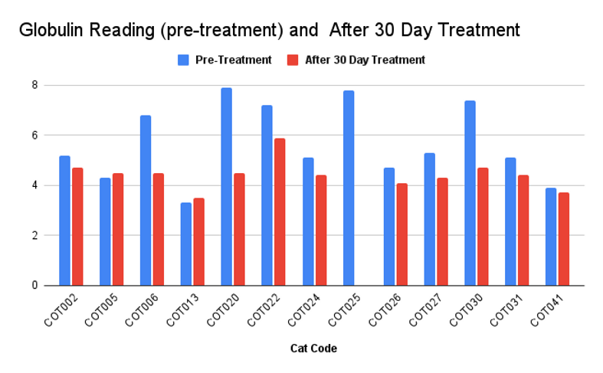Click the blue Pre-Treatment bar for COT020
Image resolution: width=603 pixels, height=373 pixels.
pos(227,187)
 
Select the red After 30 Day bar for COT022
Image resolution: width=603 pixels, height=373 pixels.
pos(280,211)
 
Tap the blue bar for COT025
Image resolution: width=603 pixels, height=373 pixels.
pos(349,188)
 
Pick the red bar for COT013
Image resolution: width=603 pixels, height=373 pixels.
pos(199,241)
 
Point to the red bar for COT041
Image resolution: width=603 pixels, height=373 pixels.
pos(564,239)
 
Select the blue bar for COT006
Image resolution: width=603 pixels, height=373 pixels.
pos(146,201)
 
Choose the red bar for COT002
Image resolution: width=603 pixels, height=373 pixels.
pos(77,227)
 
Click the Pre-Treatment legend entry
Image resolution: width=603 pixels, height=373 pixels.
pos(225,60)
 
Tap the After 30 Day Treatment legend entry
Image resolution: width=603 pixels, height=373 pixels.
pos(356,60)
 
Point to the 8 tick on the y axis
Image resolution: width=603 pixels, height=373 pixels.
pos(34,85)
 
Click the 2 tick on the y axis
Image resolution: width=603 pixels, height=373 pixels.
pos(34,235)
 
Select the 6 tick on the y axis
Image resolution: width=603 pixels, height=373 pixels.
pos(34,135)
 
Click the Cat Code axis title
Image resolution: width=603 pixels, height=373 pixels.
pos(313,348)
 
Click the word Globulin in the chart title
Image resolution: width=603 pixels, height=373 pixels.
pos(50,31)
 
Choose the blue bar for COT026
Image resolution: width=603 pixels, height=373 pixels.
pos(389,227)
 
